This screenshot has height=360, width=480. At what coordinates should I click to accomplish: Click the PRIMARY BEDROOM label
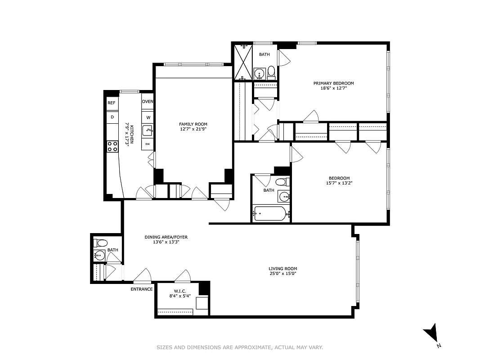click(333, 83)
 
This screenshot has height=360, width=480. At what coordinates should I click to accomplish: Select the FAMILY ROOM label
click(193, 124)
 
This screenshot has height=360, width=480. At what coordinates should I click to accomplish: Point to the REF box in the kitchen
click(112, 103)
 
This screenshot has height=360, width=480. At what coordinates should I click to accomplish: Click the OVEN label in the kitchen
click(148, 102)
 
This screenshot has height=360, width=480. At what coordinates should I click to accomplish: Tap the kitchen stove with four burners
click(112, 146)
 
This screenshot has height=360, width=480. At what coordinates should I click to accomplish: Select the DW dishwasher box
click(148, 144)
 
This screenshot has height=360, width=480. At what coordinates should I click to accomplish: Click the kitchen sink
click(148, 131)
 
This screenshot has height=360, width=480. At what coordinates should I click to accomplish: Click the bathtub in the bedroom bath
click(269, 213)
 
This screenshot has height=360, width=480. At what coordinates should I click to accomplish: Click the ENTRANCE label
click(142, 289)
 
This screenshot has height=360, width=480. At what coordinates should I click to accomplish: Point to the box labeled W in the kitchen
click(148, 117)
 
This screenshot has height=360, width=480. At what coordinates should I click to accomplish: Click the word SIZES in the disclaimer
click(165, 347)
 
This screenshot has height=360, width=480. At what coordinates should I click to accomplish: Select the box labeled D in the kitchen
click(112, 117)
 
